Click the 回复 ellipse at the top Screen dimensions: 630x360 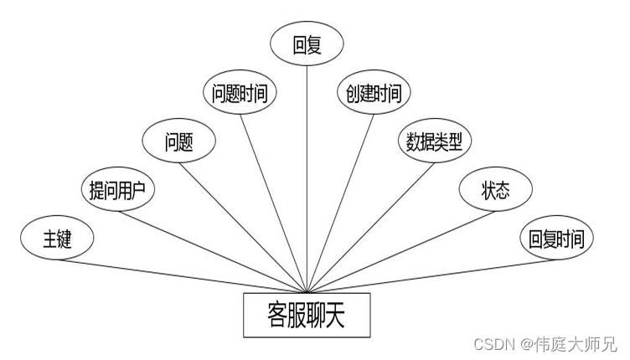coord(307,44)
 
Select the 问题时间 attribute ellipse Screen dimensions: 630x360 coord(240,93)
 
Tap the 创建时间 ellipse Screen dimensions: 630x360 coord(374,93)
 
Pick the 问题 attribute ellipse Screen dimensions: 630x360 coord(178,141)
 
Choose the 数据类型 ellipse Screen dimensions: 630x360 coord(434,141)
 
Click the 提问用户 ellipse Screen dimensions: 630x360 coord(118,189)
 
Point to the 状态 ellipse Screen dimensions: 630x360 coord(496,189)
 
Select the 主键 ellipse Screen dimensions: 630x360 coord(57,238)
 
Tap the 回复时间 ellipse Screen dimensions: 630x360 coord(556,238)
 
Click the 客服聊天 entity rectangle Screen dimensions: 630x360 coord(307,315)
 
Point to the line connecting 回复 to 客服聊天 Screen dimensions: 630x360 coord(307,179)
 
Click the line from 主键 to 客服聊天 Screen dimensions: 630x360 coord(182,276)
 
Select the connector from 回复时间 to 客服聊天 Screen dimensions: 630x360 coord(431,276)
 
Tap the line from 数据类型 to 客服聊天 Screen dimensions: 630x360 coord(370,228)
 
